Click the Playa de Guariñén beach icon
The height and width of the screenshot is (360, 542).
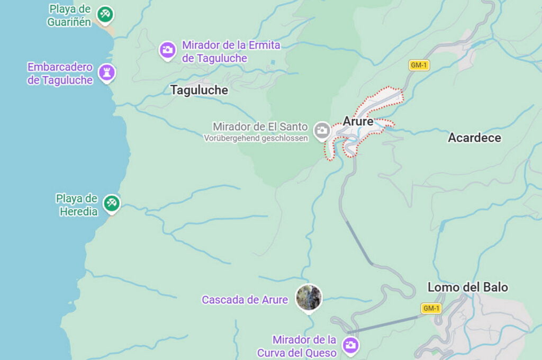(105, 14)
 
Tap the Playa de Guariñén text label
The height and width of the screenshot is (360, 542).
(69, 15)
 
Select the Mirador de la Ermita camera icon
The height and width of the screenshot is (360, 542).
(168, 50)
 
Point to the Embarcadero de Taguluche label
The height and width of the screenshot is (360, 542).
(60, 74)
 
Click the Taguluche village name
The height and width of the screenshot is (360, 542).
(199, 90)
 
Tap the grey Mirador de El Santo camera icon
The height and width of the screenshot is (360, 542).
(321, 130)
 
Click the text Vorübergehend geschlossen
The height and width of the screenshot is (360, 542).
(256, 138)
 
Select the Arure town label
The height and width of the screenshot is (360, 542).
(358, 121)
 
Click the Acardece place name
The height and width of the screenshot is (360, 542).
(474, 138)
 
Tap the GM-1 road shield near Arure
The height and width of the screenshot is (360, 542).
(419, 65)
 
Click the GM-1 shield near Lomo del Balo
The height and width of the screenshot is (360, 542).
(431, 308)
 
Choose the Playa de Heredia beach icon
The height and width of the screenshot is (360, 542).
(111, 202)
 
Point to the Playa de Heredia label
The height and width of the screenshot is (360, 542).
(77, 205)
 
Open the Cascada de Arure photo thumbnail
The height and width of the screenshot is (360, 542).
(309, 298)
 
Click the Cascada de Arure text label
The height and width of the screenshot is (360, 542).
(245, 300)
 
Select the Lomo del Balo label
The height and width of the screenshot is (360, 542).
(467, 287)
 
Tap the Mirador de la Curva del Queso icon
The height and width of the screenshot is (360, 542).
(350, 345)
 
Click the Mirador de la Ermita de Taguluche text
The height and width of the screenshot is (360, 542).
(231, 51)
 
